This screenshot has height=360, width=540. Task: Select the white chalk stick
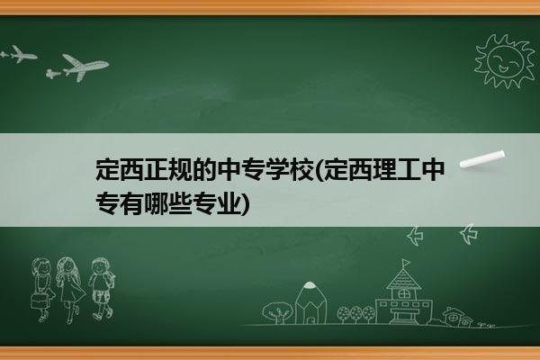tap(482, 159)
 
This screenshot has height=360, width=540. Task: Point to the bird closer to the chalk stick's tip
tap(469, 233)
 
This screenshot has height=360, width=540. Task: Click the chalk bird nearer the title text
tap(415, 236)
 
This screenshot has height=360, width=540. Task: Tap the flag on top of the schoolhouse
tap(407, 263)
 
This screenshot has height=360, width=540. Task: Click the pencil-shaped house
tap(310, 302)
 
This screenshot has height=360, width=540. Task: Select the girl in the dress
tap(70, 289)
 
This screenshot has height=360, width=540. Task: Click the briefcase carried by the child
tap(39, 301)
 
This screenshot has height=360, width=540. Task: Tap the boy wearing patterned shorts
tap(102, 288)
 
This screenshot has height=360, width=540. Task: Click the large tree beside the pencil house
tap(276, 312)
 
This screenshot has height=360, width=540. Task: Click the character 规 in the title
tap(181, 170)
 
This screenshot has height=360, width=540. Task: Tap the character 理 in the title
tap(384, 170)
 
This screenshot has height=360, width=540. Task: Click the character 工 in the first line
tap(409, 170)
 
